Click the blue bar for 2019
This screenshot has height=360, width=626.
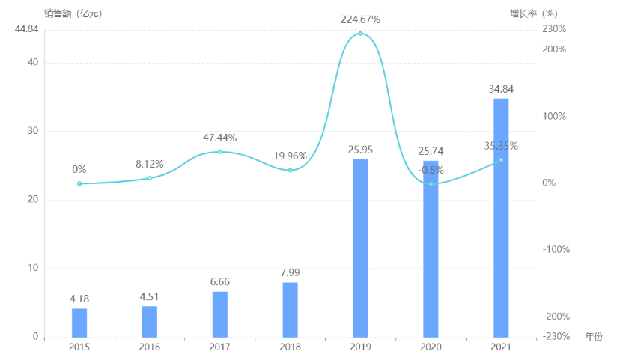click(x=360, y=248)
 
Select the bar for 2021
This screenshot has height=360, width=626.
click(x=501, y=217)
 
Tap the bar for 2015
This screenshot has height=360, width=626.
click(x=79, y=323)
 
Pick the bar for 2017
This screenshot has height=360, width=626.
click(x=220, y=314)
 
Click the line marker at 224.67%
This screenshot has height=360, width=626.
click(x=360, y=34)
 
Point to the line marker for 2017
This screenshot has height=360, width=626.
click(x=220, y=152)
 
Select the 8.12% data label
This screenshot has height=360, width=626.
click(x=150, y=164)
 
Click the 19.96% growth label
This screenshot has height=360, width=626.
click(x=291, y=156)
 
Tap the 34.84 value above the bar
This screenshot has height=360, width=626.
click(x=501, y=89)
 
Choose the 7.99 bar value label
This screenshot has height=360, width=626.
click(x=291, y=272)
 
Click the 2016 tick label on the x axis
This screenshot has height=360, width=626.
click(x=150, y=347)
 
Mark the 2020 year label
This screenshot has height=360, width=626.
click(x=431, y=347)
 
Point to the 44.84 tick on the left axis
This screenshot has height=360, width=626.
click(x=26, y=29)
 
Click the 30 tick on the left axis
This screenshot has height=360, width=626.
click(x=32, y=131)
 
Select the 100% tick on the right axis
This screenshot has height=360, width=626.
click(x=555, y=116)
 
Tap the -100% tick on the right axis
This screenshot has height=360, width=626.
click(x=555, y=249)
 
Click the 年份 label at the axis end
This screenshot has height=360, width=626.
click(x=594, y=337)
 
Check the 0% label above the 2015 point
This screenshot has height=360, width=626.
click(x=79, y=170)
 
